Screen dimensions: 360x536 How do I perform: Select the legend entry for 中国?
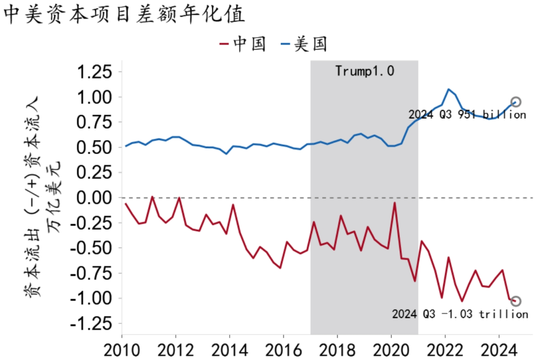[x=243, y=44]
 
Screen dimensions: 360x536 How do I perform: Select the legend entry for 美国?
[x=304, y=44]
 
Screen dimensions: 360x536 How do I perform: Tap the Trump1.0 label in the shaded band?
[x=364, y=71]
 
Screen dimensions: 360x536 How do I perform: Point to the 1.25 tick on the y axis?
[x=93, y=72]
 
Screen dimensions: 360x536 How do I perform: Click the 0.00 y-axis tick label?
[x=93, y=198]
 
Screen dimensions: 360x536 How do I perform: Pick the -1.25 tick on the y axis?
[x=89, y=324]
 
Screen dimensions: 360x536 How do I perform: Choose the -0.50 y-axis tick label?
[x=89, y=248]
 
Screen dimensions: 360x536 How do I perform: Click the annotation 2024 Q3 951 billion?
[x=467, y=115]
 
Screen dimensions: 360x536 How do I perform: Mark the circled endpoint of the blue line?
[x=516, y=102]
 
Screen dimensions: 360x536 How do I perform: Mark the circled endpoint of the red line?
[x=516, y=301]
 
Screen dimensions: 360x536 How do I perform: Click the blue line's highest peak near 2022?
[x=449, y=89]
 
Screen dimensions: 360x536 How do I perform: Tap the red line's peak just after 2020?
[x=395, y=203]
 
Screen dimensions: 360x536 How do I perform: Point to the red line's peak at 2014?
[x=233, y=205]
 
